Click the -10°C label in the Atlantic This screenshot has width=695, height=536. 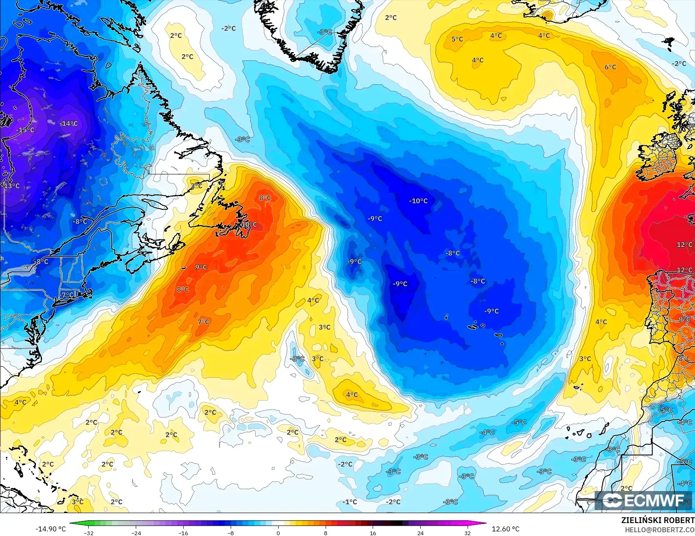click(418, 201)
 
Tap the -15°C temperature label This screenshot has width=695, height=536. click(25, 130)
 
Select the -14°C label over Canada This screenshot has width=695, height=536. click(69, 124)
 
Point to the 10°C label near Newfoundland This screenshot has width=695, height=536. click(249, 225)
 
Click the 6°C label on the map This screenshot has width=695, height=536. click(610, 67)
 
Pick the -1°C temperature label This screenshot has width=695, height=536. click(350, 502)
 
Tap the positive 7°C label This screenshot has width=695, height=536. click(204, 322)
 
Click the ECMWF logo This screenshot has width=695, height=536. click(643, 500)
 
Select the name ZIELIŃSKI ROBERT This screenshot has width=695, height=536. click(658, 520)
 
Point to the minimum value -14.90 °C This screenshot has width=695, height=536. click(51, 529)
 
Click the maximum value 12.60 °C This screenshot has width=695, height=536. click(506, 529)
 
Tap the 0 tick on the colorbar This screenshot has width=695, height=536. click(278, 533)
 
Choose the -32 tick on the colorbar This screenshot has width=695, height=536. click(89, 533)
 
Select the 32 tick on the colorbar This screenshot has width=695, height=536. click(468, 533)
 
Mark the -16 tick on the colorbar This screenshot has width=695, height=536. click(183, 533)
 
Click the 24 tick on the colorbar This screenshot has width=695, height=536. click(420, 533)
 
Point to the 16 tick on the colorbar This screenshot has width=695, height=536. click(373, 533)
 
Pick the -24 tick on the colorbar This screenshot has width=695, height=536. click(136, 533)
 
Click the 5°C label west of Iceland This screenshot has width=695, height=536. click(457, 39)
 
